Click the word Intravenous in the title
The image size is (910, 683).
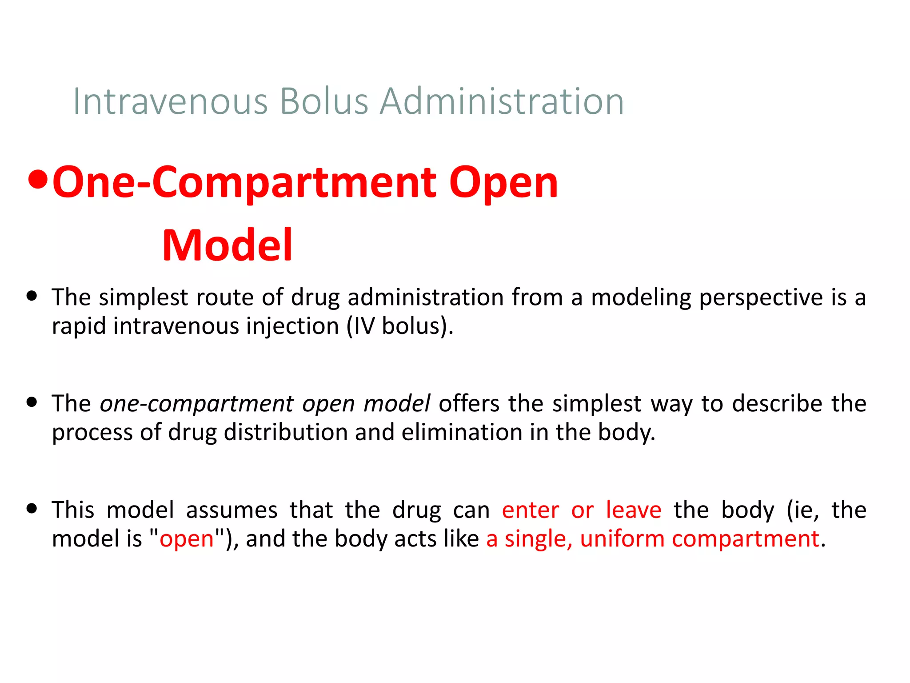click(x=171, y=102)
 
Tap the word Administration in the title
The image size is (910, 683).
click(x=502, y=102)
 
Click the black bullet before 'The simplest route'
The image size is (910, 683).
click(x=32, y=296)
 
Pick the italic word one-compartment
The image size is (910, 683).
click(x=196, y=404)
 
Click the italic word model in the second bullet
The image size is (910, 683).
click(x=396, y=404)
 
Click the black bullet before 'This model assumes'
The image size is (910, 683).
click(x=32, y=508)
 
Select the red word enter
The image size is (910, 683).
click(x=530, y=510)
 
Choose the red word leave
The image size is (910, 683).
click(x=634, y=510)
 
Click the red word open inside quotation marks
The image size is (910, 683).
click(x=187, y=539)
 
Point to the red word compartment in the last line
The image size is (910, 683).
click(x=746, y=539)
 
